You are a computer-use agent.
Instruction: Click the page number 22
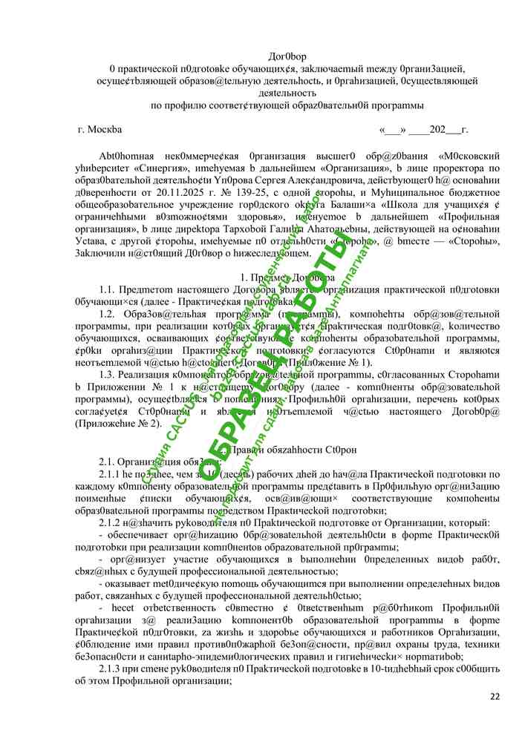point(495,696)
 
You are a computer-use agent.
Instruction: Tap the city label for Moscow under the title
point(100,129)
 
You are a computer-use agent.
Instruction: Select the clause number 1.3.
point(108,374)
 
